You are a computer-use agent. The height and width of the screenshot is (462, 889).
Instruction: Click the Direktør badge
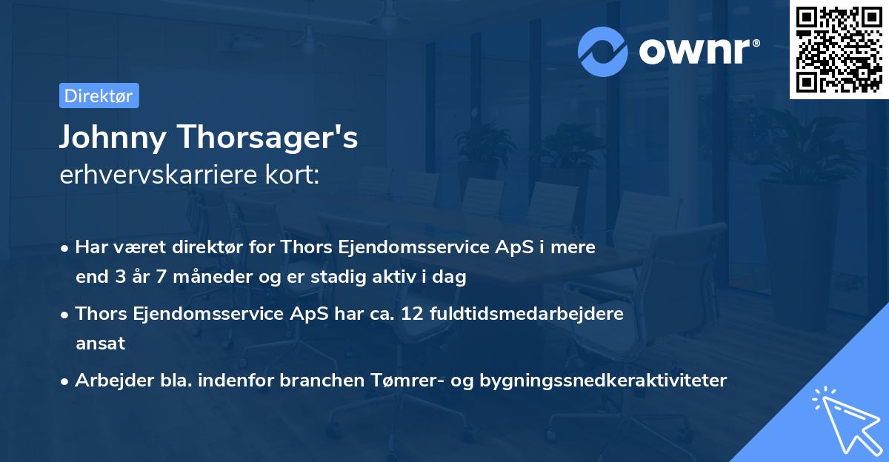pyautogui.click(x=99, y=96)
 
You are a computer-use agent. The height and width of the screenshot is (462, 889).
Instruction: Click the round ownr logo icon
pyautogui.click(x=604, y=50)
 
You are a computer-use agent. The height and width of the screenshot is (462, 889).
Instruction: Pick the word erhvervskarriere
pyautogui.click(x=151, y=176)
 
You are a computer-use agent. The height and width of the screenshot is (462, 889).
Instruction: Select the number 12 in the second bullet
pyautogui.click(x=412, y=313)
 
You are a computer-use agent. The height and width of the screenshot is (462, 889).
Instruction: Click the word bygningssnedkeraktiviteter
pyautogui.click(x=604, y=380)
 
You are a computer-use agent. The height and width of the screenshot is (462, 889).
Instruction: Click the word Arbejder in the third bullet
pyautogui.click(x=108, y=380)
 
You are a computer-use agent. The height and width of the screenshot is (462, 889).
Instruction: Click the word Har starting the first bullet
pyautogui.click(x=90, y=247)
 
